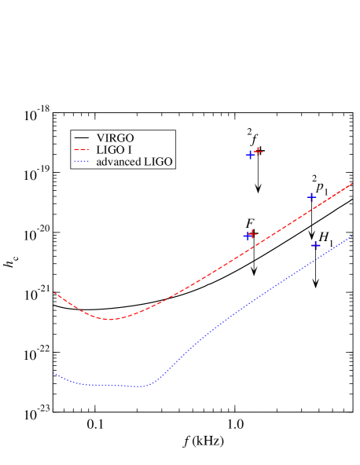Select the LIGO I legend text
click(112, 149)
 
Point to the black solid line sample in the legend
click(82, 137)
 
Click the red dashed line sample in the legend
click(82, 149)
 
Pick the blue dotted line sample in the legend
click(82, 162)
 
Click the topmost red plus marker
click(258, 151)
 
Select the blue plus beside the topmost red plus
click(250, 155)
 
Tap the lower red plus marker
click(252, 233)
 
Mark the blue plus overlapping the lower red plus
click(248, 236)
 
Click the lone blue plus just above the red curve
click(311, 196)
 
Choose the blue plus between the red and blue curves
click(316, 245)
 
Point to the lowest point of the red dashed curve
click(110, 319)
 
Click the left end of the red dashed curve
click(54, 292)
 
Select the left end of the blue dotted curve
click(53, 373)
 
